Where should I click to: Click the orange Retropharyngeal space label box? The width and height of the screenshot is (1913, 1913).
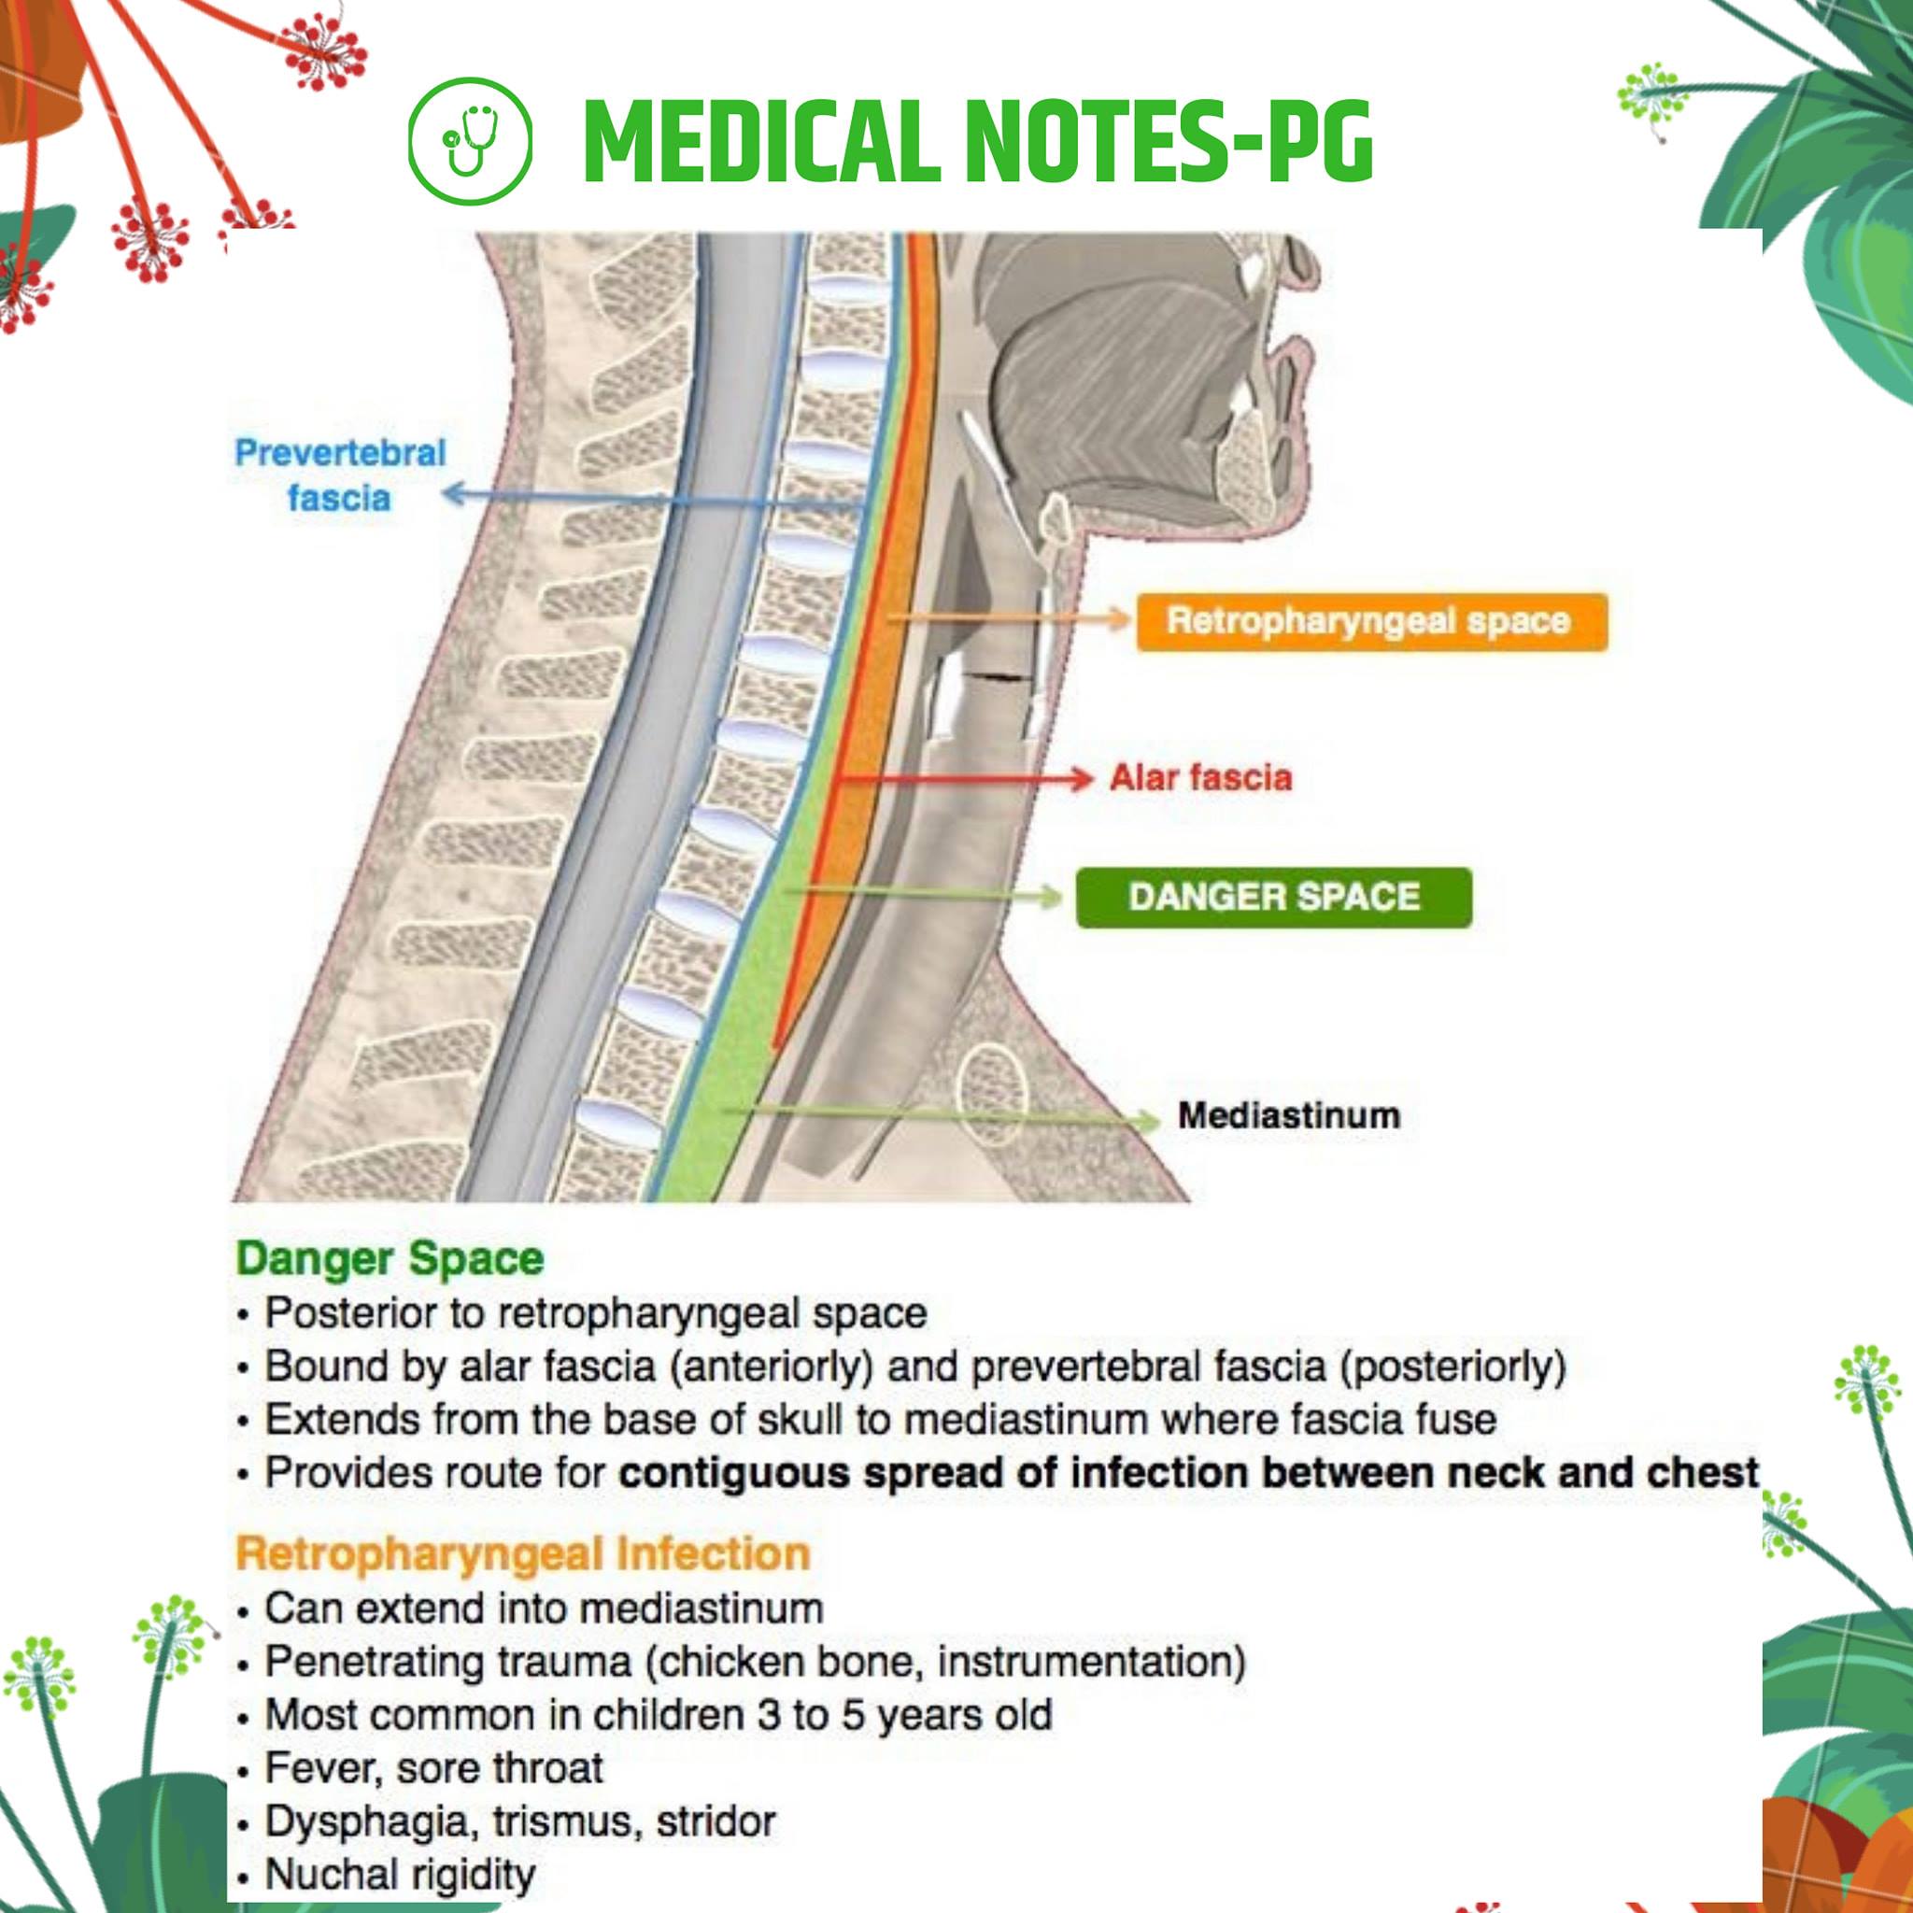coord(1370,622)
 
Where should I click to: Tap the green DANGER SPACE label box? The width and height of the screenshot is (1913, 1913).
coord(1273,897)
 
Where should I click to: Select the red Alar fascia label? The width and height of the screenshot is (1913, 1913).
coord(1200,778)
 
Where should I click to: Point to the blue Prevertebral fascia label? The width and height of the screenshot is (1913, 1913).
coord(340,475)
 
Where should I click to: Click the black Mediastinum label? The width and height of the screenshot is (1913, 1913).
coord(1288,1116)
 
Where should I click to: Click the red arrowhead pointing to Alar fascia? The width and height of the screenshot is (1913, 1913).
coord(1082,778)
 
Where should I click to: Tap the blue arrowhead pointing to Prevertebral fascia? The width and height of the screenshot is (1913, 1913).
coord(455,493)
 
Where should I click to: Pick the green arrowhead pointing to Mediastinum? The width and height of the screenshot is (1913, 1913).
coord(1149,1120)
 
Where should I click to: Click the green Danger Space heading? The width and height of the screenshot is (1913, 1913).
coord(390,1258)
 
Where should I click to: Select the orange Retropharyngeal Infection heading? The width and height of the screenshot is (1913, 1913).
coord(523,1552)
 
